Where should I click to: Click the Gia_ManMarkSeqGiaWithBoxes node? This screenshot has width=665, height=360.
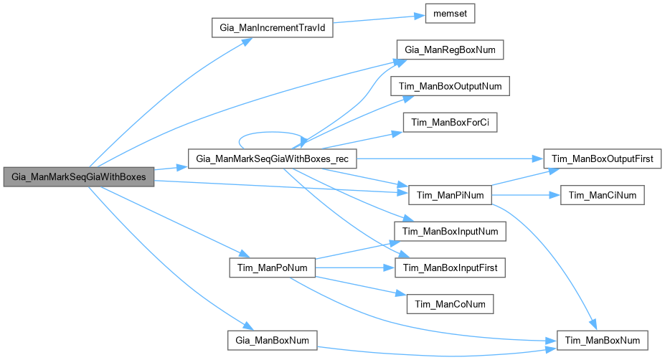78,176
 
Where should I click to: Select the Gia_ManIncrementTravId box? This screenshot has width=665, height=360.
272,28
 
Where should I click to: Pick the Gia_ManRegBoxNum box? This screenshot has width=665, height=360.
450,49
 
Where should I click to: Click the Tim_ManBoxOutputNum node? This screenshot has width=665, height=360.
450,86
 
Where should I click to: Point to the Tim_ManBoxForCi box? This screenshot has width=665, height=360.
450,122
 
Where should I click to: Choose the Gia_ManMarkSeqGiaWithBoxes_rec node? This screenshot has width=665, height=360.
272,158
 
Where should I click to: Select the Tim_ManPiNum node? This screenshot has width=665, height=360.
450,195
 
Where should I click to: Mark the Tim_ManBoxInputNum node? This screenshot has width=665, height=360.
450,231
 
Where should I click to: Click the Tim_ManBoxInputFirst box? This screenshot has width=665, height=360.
450,267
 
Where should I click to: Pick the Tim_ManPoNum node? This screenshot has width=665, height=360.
272,267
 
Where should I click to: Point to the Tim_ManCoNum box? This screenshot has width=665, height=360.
450,303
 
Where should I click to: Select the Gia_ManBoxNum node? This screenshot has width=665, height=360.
272,339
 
